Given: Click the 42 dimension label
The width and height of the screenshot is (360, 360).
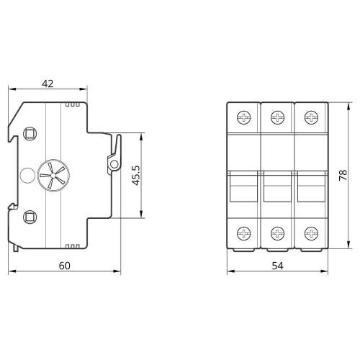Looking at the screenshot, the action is pyautogui.click(x=48, y=84).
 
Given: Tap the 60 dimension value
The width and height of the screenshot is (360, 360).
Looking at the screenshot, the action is pyautogui.click(x=65, y=266).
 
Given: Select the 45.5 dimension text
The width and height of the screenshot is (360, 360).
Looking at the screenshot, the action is pyautogui.click(x=136, y=175).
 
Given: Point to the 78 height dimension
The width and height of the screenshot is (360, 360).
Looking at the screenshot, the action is pyautogui.click(x=343, y=175).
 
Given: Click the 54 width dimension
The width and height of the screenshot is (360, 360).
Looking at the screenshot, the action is pyautogui.click(x=277, y=266).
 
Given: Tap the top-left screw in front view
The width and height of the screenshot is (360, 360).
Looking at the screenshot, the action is pyautogui.click(x=243, y=117).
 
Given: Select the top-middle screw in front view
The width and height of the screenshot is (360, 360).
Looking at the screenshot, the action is pyautogui.click(x=277, y=117).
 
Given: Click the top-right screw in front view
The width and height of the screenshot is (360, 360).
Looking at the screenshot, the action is pyautogui.click(x=311, y=117).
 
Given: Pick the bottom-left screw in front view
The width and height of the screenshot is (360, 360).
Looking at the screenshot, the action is pyautogui.click(x=243, y=233).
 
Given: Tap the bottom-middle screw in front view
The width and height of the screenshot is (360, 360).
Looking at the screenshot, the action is pyautogui.click(x=277, y=233).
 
